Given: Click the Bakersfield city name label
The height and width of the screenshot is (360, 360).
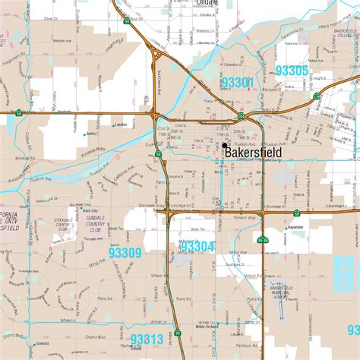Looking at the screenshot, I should click(253, 153).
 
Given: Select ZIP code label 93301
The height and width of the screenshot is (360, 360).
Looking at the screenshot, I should click(238, 80).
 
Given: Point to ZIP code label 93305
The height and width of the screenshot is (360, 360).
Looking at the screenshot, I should click(292, 71).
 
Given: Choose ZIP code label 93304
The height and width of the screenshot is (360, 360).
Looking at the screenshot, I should click(198, 246).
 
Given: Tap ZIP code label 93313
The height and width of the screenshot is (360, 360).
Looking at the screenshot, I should click(147, 339).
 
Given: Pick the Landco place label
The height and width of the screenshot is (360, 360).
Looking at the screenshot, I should click(120, 125).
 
